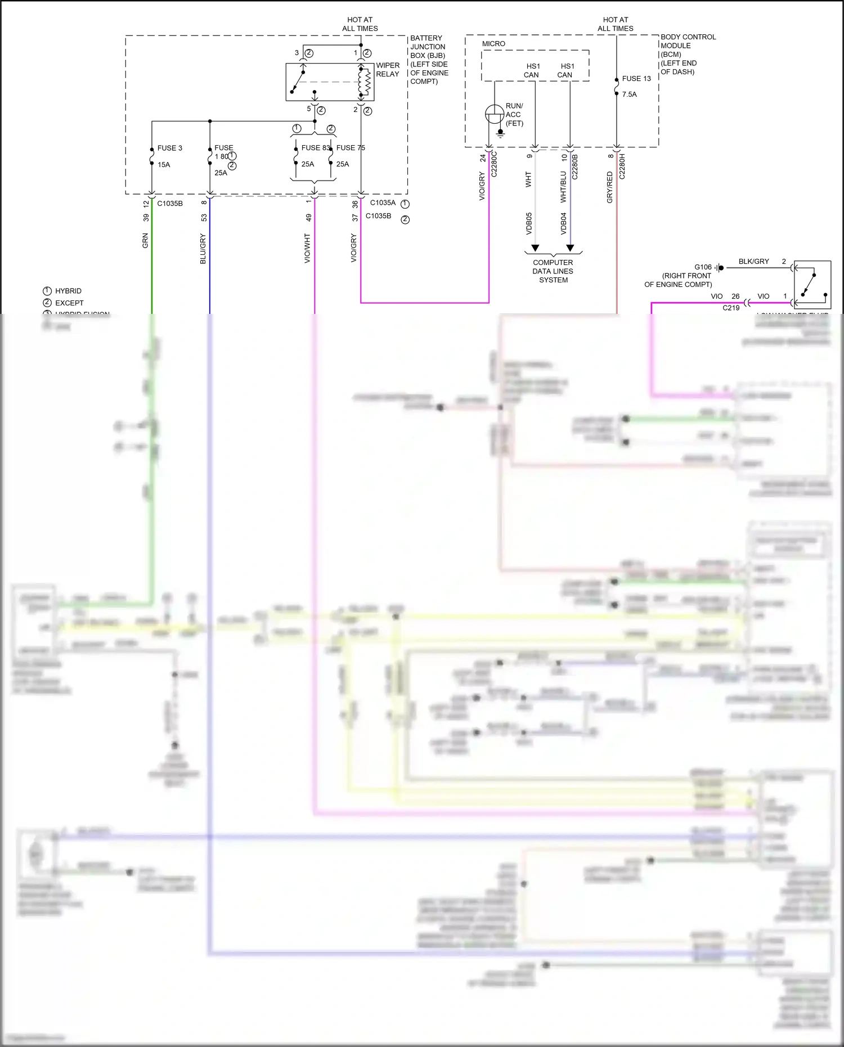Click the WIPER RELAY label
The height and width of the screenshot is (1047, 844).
388,70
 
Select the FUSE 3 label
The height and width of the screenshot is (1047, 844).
169,148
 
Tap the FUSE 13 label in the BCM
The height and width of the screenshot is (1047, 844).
636,79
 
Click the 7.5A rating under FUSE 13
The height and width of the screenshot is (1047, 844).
629,95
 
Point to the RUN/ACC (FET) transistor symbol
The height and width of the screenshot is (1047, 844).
495,114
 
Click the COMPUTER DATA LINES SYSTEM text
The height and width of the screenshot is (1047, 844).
553,271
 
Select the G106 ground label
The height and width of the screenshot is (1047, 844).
703,267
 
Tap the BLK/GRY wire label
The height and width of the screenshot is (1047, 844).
753,262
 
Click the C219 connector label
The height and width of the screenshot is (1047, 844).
731,308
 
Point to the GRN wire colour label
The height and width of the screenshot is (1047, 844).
145,241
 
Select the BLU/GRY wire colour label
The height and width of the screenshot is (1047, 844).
203,249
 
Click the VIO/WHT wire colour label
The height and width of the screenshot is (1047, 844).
307,248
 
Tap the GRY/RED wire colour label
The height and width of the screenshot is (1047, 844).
610,187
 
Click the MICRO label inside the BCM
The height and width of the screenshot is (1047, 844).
493,44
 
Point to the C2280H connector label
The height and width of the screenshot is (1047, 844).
622,166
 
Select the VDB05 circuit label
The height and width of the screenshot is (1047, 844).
529,223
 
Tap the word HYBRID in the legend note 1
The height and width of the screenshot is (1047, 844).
68,291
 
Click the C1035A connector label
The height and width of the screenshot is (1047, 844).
383,203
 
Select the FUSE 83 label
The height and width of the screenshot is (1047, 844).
315,148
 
